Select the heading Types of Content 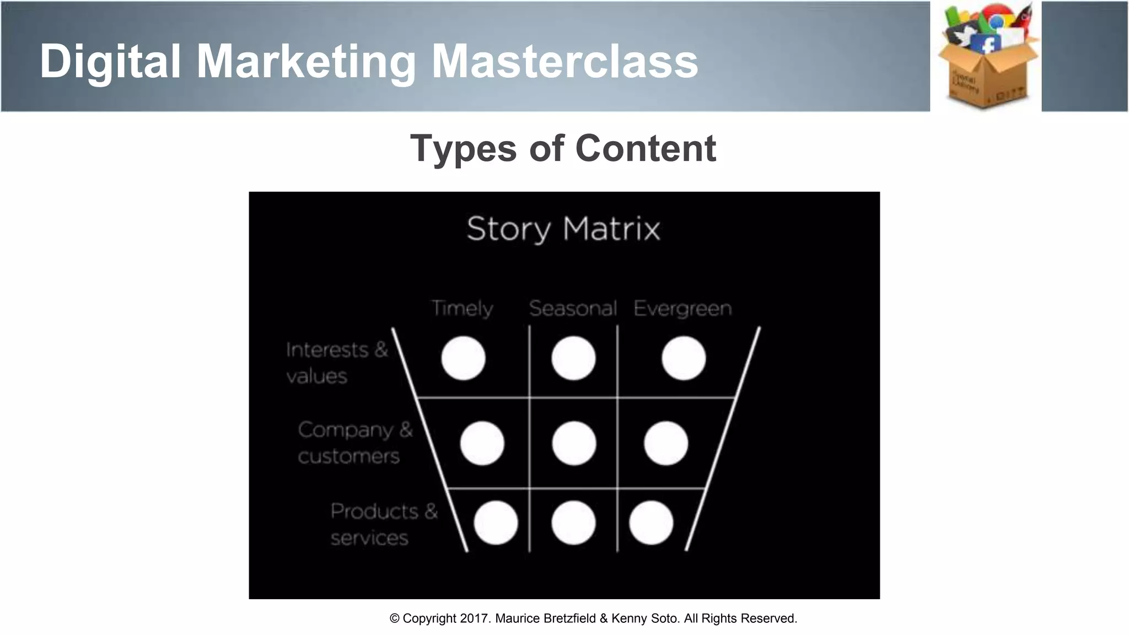(563, 148)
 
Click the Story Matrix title (563, 229)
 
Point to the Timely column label (462, 308)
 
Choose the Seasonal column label (573, 308)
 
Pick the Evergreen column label (682, 308)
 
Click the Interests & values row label (337, 363)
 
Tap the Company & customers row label (355, 443)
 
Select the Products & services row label (384, 524)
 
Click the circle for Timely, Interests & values (463, 358)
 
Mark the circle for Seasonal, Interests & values (573, 358)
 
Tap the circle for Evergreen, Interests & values (684, 358)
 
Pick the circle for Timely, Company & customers (482, 443)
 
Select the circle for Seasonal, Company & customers (574, 443)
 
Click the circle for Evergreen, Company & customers (666, 443)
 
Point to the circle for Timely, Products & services (496, 523)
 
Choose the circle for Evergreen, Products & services (651, 523)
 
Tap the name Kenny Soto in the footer (645, 618)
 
